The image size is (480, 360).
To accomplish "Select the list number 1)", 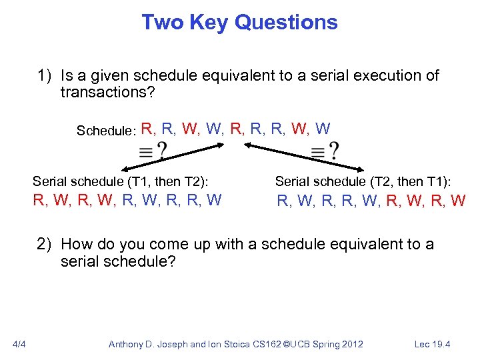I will coord(45,75).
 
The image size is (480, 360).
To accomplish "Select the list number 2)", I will coord(45,244).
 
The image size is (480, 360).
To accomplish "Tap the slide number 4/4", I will coord(19,344).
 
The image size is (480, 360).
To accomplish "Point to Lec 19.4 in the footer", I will coord(432,344).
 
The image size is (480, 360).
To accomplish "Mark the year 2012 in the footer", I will coord(351,344).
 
